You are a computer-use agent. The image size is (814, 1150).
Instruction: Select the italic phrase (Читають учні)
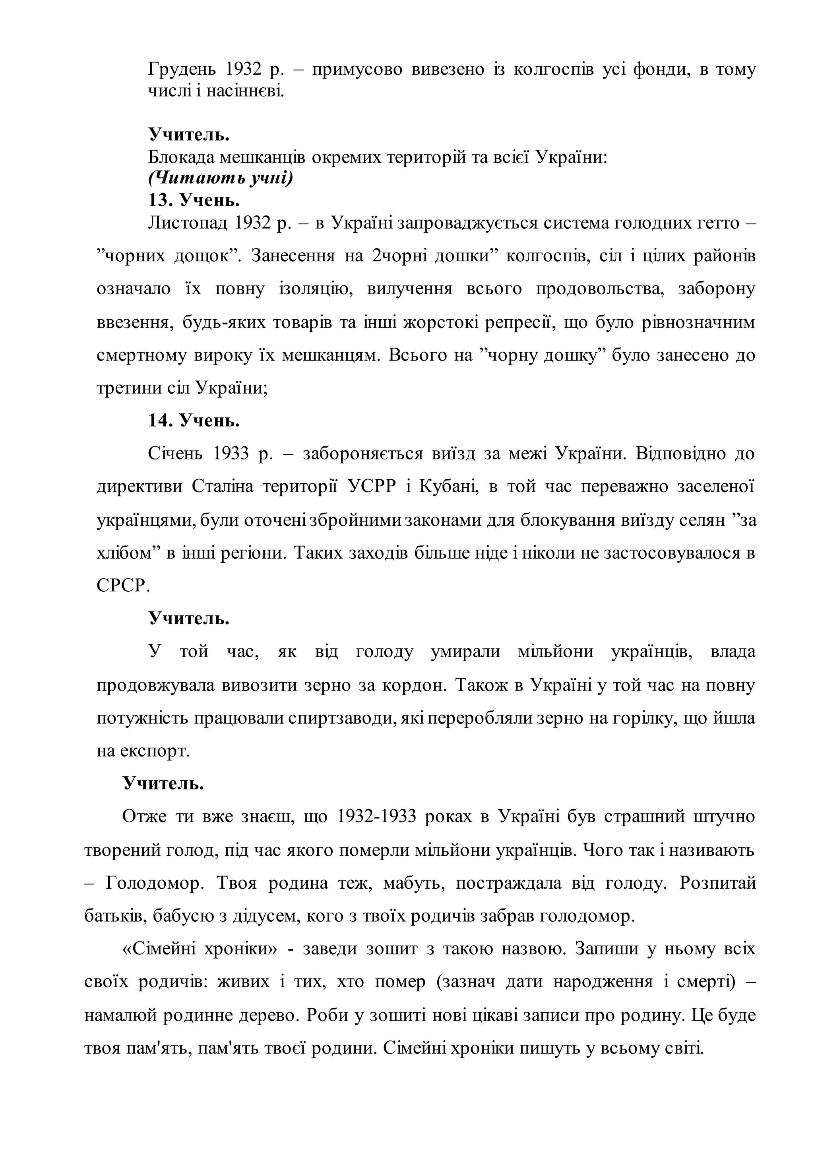click(220, 178)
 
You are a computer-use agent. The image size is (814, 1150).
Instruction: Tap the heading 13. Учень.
click(194, 201)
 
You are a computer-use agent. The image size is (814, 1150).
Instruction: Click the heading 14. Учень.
click(194, 421)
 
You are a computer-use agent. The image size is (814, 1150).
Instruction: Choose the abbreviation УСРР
click(372, 487)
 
